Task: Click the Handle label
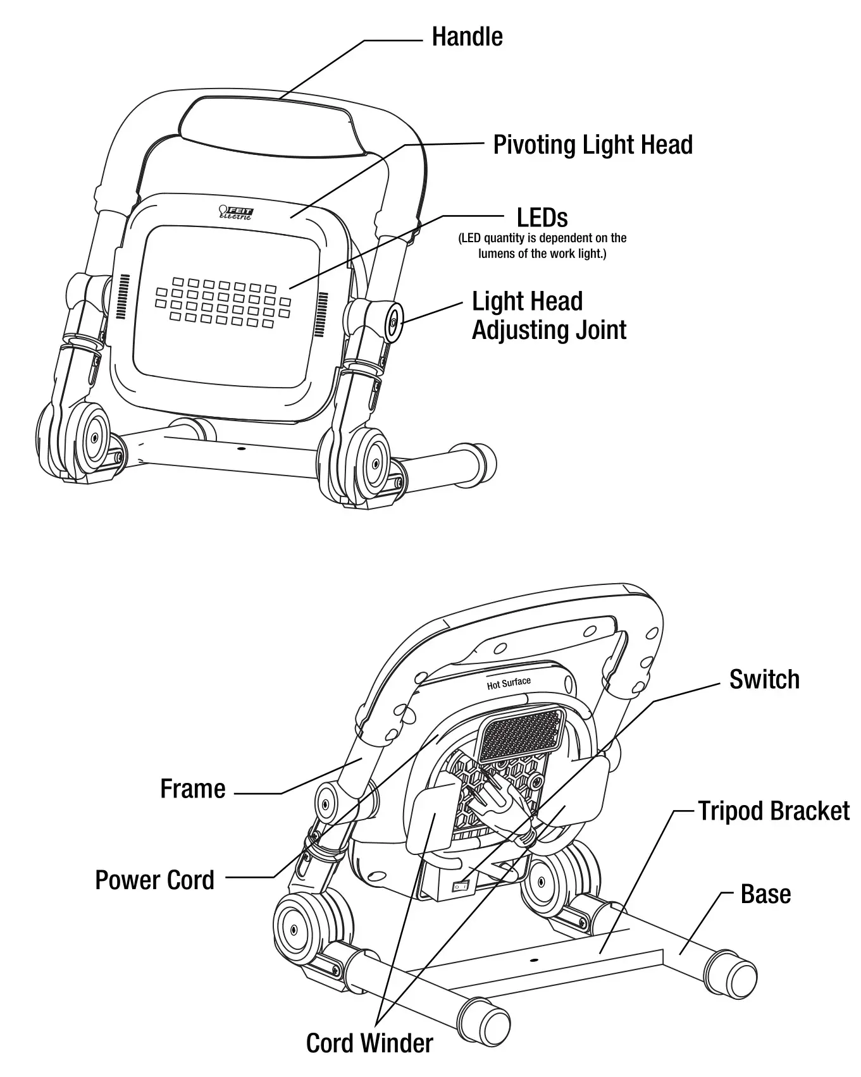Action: [x=467, y=37]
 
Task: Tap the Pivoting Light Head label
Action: [x=592, y=145]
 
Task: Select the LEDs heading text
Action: [x=542, y=218]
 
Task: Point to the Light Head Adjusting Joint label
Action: [x=548, y=316]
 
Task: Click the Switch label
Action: [x=764, y=679]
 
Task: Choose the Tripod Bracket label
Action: [x=773, y=811]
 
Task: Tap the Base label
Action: [x=765, y=894]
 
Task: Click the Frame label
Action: [x=193, y=789]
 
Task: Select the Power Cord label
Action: [x=155, y=880]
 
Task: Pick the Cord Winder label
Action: [x=369, y=1043]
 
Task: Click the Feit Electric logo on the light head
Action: [x=235, y=212]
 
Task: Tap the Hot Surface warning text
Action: [x=509, y=683]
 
